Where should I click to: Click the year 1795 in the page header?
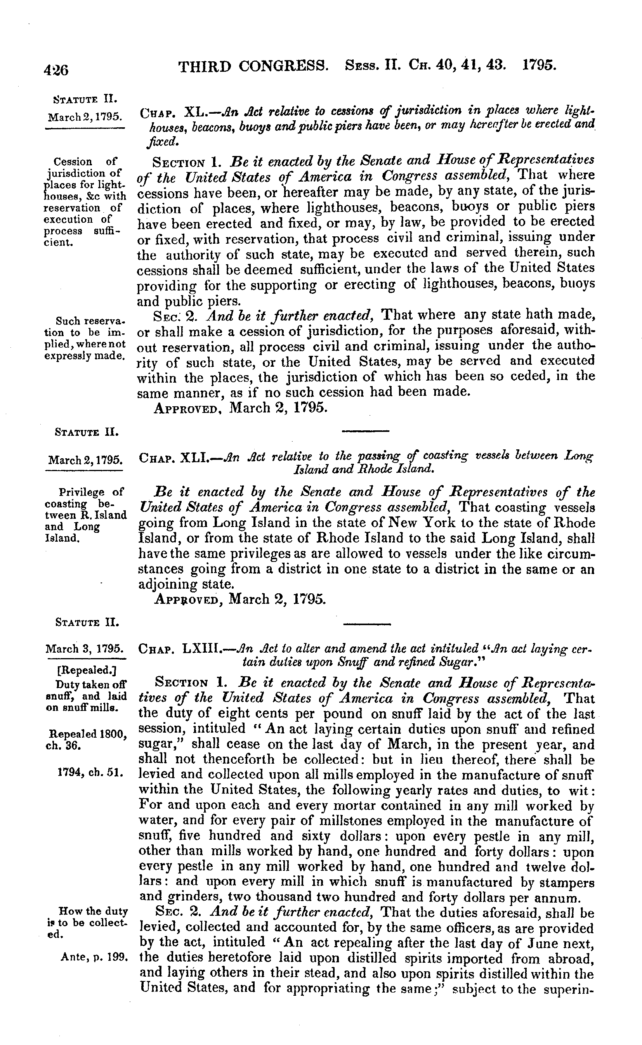point(539,66)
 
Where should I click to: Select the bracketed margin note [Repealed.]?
point(86,670)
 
